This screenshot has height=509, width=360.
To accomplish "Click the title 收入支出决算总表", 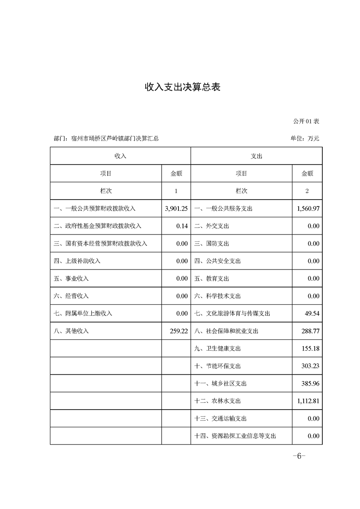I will (182, 87).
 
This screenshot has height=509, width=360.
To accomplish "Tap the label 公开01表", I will (306, 122).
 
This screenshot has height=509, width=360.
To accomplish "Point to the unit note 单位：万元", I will (305, 138).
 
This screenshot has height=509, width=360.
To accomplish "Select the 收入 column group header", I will (120, 156).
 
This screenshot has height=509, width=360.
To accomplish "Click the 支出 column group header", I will (256, 156).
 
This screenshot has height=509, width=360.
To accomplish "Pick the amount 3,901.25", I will (177, 209).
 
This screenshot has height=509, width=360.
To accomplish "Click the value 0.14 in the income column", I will (182, 226).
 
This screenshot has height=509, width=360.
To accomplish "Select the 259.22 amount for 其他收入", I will (178, 331).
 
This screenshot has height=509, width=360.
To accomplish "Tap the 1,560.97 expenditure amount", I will (307, 209).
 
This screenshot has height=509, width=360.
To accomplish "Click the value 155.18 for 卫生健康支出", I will (311, 348).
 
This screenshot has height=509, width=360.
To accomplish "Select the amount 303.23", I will (311, 366).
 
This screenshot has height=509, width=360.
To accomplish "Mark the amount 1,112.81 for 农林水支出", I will (307, 401).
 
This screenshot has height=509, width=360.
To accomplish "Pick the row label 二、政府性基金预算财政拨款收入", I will (98, 226).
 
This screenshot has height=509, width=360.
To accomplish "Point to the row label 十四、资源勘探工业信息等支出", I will (235, 436).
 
